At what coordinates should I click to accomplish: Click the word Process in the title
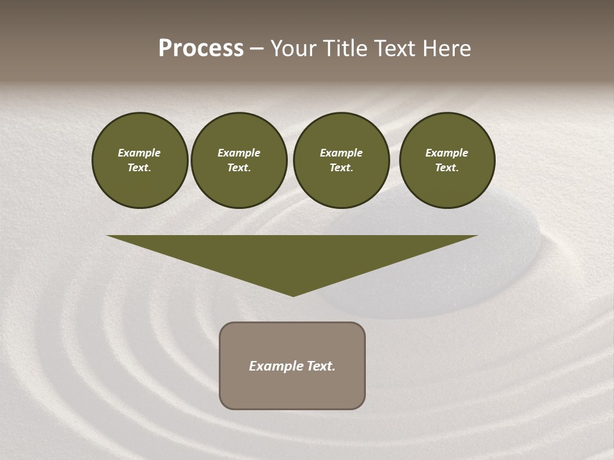201,49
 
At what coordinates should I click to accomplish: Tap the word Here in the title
446,49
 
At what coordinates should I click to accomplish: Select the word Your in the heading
294,49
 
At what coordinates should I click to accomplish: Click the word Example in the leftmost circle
139,153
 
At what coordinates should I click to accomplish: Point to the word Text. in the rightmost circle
447,168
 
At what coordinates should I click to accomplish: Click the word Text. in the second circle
239,168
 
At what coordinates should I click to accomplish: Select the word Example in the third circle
341,153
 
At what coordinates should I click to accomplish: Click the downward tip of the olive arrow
293,294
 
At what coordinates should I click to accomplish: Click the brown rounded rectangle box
292,390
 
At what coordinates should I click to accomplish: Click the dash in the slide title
256,49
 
